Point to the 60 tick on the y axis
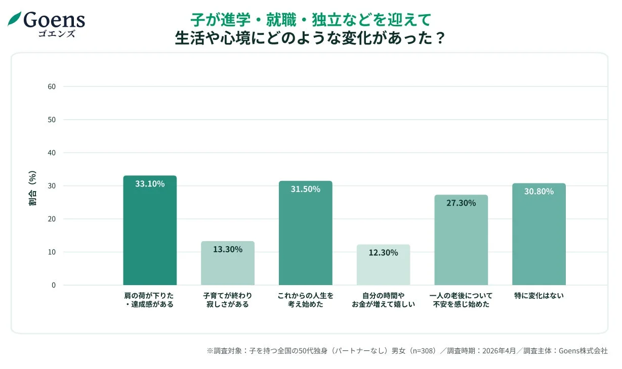point(52,86)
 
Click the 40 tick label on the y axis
point(52,153)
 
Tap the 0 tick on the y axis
point(53,285)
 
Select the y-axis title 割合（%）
point(32,189)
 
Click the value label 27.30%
point(461,203)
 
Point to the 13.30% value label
point(228,249)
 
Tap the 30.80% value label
point(538,192)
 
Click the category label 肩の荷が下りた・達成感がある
point(149,300)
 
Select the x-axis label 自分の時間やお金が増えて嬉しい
point(383,300)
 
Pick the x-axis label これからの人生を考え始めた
point(305,300)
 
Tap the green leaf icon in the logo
point(14,19)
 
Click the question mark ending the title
point(439,38)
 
